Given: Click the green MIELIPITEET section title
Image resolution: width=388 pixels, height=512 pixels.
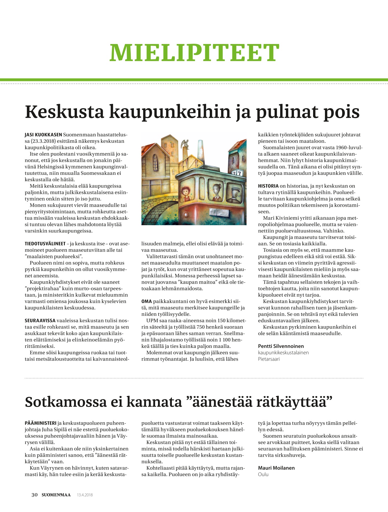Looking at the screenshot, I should [194, 53].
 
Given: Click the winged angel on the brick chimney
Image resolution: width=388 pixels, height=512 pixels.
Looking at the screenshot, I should [185, 143].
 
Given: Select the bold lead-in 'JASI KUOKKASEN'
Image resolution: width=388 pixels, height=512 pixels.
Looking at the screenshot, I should [43, 135].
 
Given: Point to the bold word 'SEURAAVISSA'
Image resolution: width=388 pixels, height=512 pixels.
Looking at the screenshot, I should [40, 321].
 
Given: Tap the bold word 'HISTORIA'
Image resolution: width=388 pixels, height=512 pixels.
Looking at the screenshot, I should [268, 186].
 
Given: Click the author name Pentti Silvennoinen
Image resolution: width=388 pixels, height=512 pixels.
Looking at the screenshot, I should [281, 346].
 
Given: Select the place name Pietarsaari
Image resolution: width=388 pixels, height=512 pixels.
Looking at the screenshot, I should [269, 359].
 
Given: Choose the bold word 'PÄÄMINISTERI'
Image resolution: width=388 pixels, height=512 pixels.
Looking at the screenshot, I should [41, 423].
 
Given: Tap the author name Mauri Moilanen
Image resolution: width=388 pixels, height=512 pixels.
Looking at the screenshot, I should [276, 468].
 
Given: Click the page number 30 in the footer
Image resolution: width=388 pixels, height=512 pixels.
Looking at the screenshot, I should [34, 495].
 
